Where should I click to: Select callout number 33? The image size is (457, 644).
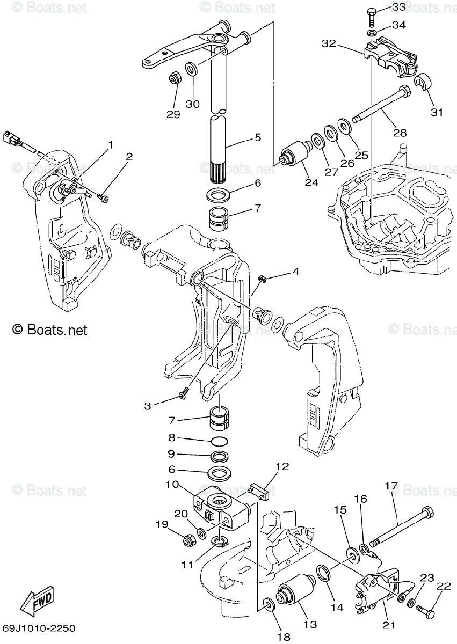click(399, 7)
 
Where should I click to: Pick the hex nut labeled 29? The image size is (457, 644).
click(173, 78)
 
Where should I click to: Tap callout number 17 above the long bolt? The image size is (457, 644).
click(391, 487)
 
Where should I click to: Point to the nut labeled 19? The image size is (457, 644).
click(189, 540)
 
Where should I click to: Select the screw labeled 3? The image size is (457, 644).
click(184, 396)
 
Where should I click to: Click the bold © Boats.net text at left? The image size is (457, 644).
click(49, 330)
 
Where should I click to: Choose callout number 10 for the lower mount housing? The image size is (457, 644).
click(172, 485)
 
